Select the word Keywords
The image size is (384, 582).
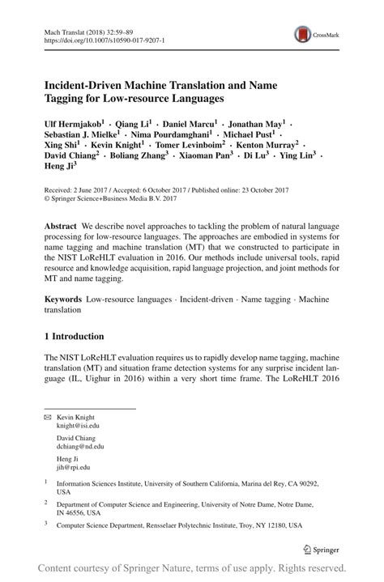(65, 299)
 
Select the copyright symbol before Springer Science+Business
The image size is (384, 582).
(47, 197)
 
